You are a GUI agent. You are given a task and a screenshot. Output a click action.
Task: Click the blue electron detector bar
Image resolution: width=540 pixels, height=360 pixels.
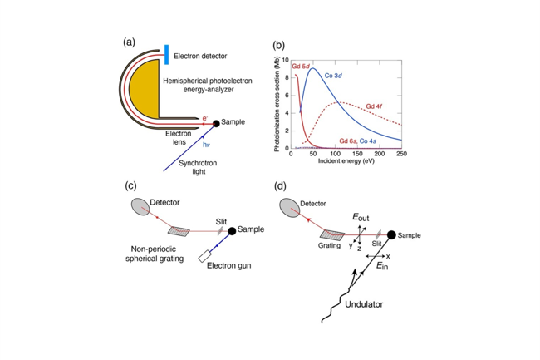pyautogui.click(x=167, y=54)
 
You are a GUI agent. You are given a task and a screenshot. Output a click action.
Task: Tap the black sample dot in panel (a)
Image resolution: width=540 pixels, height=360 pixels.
pyautogui.click(x=216, y=123)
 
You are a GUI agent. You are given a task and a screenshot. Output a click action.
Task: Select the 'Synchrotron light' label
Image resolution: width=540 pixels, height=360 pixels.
pyautogui.click(x=198, y=167)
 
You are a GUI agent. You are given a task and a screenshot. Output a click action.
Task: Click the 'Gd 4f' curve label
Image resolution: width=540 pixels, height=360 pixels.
pyautogui.click(x=375, y=106)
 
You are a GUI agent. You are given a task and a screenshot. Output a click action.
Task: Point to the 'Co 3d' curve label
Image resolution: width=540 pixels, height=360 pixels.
pyautogui.click(x=333, y=76)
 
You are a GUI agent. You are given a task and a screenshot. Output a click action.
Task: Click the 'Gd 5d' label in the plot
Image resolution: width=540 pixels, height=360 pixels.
pyautogui.click(x=301, y=67)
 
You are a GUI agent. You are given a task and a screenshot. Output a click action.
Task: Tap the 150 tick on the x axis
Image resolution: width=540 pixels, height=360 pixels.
pyautogui.click(x=357, y=154)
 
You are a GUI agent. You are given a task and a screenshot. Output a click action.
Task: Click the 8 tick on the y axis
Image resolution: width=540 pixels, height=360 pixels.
pyautogui.click(x=286, y=78)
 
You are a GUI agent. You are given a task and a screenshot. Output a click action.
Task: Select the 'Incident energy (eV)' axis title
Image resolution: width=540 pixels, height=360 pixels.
pyautogui.click(x=346, y=161)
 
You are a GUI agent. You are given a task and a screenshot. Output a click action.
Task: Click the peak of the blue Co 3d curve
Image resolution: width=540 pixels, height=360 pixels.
pyautogui.click(x=312, y=68)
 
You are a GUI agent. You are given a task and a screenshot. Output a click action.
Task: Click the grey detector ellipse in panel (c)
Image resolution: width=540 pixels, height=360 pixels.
pyautogui.click(x=140, y=207)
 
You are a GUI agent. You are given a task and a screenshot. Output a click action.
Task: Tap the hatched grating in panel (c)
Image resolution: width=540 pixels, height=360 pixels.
pyautogui.click(x=179, y=231)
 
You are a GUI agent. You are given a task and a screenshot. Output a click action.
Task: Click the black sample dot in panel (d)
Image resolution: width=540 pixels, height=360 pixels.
pyautogui.click(x=391, y=235)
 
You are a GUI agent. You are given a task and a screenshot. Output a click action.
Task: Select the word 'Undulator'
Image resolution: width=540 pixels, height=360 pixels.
pyautogui.click(x=364, y=304)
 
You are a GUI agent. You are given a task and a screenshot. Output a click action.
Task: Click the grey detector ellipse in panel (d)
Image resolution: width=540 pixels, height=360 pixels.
pyautogui.click(x=290, y=208)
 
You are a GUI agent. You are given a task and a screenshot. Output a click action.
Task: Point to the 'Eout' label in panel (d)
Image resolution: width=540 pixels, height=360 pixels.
pyautogui.click(x=361, y=217)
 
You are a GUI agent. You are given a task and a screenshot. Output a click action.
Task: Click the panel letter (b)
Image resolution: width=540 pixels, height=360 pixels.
pyautogui.click(x=278, y=45)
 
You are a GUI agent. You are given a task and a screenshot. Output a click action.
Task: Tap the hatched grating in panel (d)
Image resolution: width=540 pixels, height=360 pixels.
pyautogui.click(x=332, y=235)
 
